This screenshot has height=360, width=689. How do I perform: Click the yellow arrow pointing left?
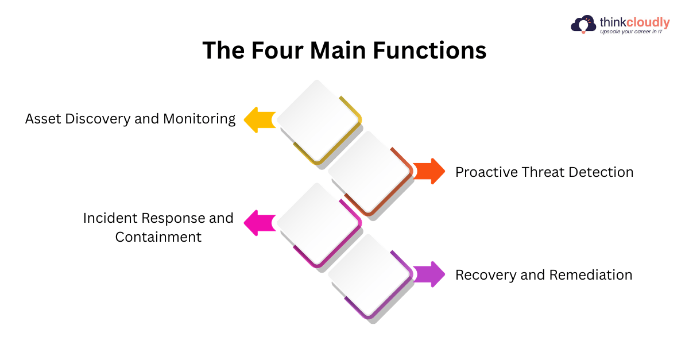[260, 119]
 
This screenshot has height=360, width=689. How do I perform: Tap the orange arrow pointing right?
[429, 171]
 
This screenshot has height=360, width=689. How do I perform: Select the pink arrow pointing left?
[260, 223]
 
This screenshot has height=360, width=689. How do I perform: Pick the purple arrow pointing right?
[429, 274]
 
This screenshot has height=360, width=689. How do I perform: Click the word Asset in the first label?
[43, 119]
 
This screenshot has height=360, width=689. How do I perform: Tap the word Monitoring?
[199, 119]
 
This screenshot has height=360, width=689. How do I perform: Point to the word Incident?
[110, 218]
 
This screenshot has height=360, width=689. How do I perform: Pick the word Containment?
[158, 237]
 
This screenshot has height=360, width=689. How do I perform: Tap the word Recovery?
[486, 276]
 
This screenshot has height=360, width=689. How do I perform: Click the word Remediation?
[591, 275]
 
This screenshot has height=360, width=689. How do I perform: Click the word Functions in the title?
[429, 50]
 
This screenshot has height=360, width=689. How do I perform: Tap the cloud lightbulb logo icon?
[583, 24]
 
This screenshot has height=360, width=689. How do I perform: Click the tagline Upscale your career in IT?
[631, 32]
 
